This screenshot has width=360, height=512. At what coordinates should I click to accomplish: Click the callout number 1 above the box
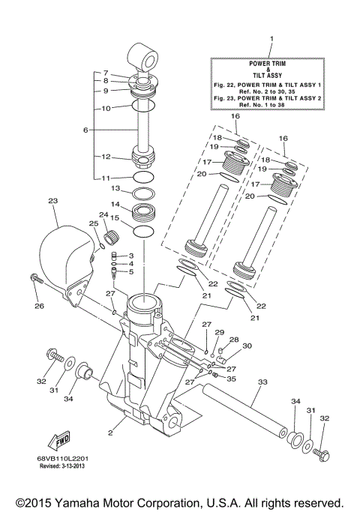271,37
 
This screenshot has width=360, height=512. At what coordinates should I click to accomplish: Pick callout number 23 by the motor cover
52,201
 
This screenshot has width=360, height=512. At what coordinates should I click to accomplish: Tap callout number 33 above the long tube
261,382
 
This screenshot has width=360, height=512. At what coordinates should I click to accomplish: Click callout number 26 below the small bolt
39,305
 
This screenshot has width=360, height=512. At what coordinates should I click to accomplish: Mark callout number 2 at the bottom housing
110,433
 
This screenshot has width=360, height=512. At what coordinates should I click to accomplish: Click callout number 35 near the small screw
231,379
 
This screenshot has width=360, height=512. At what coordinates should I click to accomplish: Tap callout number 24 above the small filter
105,215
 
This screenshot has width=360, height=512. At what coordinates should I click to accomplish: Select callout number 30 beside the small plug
247,346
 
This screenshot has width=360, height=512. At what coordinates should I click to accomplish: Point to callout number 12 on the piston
106,157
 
